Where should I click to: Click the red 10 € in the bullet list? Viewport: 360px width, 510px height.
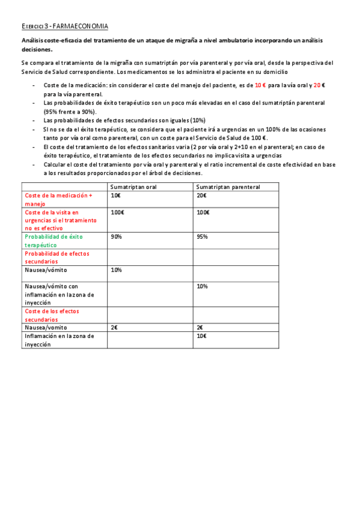click(261, 85)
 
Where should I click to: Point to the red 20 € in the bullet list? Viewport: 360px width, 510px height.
click(320, 85)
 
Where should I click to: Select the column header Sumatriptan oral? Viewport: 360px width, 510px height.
click(133, 187)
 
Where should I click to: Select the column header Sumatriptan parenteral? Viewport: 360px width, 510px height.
click(228, 187)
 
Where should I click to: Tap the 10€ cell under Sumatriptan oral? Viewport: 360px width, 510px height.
click(115, 195)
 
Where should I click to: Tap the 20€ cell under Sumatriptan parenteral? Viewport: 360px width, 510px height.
click(201, 195)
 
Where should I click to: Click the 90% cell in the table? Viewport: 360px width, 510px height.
click(117, 236)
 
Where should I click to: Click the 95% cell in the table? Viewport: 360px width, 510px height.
click(203, 236)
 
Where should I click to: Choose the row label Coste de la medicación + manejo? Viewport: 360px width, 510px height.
click(58, 200)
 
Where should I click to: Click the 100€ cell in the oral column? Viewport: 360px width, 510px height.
click(117, 212)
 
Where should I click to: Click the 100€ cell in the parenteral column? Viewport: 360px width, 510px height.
click(203, 212)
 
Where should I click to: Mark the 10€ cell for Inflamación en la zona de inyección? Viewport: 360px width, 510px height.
click(201, 336)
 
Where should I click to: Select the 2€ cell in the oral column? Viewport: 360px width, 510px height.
click(114, 328)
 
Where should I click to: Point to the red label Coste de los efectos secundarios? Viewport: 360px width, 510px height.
click(52, 315)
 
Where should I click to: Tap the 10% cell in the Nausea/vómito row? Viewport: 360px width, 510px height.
click(117, 270)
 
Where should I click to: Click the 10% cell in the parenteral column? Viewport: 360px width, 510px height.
click(203, 286)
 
